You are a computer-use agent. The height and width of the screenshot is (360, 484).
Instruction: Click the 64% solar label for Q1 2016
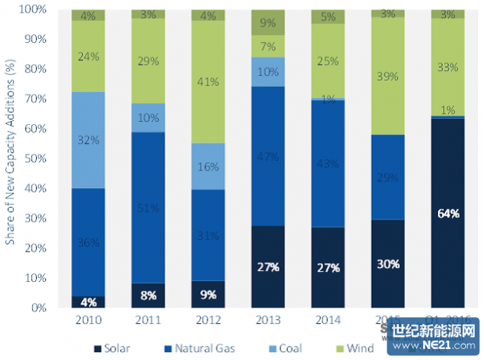447,212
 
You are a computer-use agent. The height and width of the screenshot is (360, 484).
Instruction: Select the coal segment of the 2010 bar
88,140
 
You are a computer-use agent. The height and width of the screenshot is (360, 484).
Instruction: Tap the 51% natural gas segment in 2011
148,208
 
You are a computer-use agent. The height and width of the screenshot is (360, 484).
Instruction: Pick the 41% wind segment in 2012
208,80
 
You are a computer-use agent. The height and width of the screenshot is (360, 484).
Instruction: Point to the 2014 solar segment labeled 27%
329,267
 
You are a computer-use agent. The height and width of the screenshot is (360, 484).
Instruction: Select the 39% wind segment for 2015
389,76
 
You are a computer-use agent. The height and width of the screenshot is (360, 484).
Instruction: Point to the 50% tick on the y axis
37,159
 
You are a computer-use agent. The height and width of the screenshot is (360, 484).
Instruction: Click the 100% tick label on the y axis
34,9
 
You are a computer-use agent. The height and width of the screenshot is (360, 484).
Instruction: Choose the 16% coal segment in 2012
208,166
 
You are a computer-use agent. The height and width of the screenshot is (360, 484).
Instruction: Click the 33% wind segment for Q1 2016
447,67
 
